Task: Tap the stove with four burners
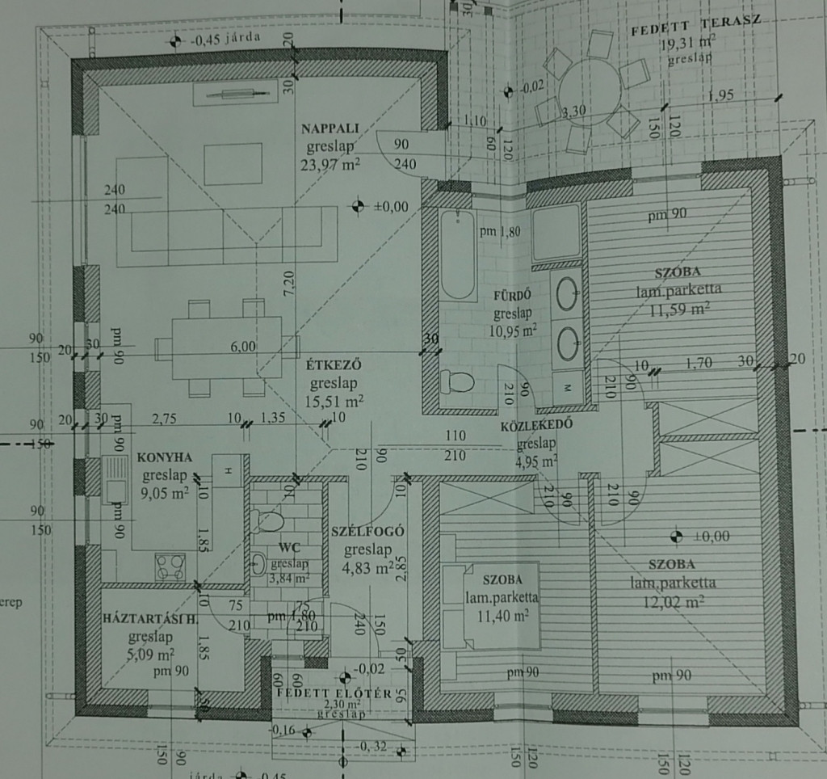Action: (170, 565)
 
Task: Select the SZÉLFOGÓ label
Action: (367, 532)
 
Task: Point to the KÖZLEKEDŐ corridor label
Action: (532, 427)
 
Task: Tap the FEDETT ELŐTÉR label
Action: (334, 694)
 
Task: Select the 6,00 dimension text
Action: (243, 346)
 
